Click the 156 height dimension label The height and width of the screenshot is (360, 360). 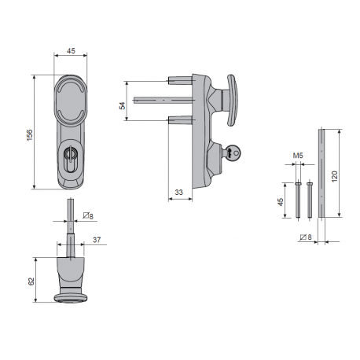pyautogui.click(x=30, y=134)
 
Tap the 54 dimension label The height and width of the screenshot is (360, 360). pyautogui.click(x=123, y=106)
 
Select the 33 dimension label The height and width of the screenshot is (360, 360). pyautogui.click(x=178, y=193)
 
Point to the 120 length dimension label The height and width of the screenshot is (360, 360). pyautogui.click(x=335, y=177)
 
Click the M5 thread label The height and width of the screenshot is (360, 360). pyautogui.click(x=298, y=156)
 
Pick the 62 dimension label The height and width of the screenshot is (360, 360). pyautogui.click(x=31, y=281)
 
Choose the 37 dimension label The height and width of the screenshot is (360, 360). pyautogui.click(x=97, y=240)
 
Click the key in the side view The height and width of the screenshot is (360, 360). pyautogui.click(x=232, y=152)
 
